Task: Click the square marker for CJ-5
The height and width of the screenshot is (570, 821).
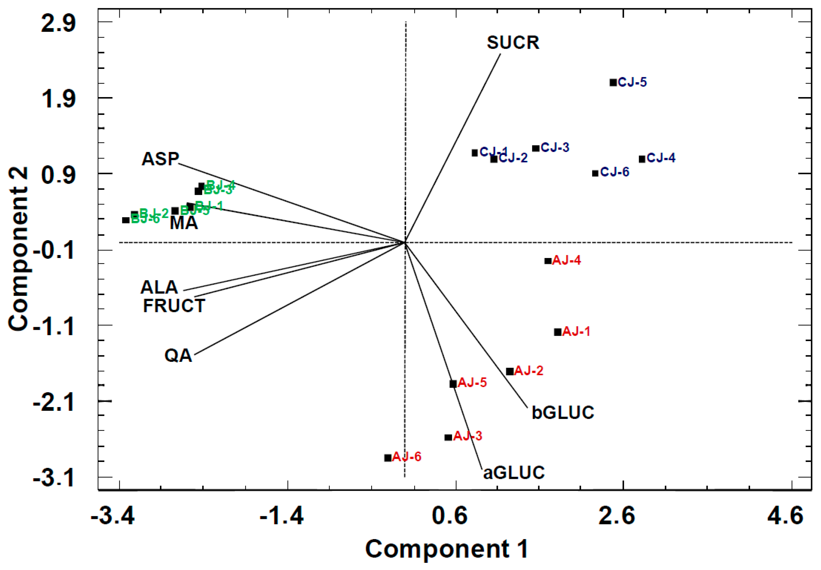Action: point(613,83)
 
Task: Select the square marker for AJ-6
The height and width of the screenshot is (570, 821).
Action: point(388,458)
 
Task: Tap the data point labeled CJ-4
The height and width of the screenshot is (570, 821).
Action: point(642,159)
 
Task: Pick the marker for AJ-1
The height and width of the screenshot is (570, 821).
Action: point(558,332)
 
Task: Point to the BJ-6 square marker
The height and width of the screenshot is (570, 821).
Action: point(126,220)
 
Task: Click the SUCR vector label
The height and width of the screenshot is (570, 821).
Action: point(513,42)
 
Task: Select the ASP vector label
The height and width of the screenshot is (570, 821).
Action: point(160,159)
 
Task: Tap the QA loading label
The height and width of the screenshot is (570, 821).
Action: point(178,356)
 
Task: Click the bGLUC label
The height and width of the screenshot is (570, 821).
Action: point(563,412)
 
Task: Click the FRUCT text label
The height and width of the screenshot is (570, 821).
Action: point(174,306)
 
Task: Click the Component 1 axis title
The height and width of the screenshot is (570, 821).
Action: point(447,549)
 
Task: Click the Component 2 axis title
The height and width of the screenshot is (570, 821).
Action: point(19,249)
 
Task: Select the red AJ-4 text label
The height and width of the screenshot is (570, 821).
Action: point(566,260)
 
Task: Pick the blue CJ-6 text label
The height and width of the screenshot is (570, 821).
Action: point(615,172)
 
